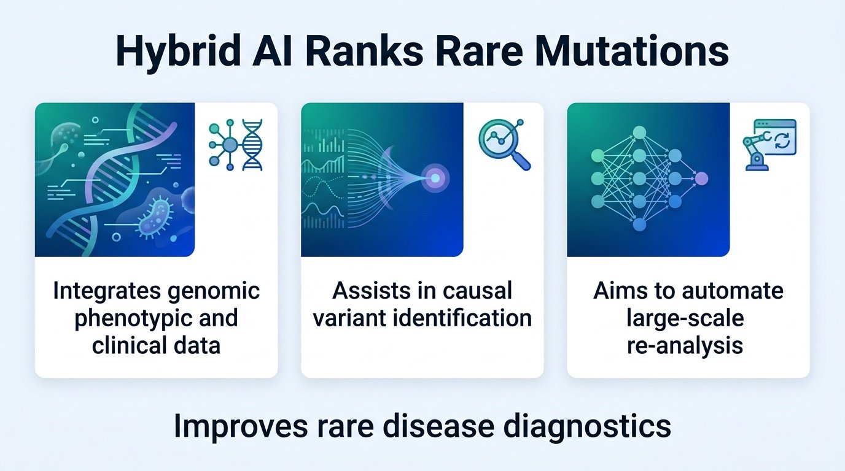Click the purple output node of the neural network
[x=701, y=178]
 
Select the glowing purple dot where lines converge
[x=435, y=178]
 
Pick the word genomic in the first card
[x=214, y=292]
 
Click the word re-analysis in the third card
[x=685, y=345]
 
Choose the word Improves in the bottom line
[x=241, y=427]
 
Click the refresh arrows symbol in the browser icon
[x=782, y=142]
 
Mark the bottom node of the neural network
[x=639, y=225]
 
